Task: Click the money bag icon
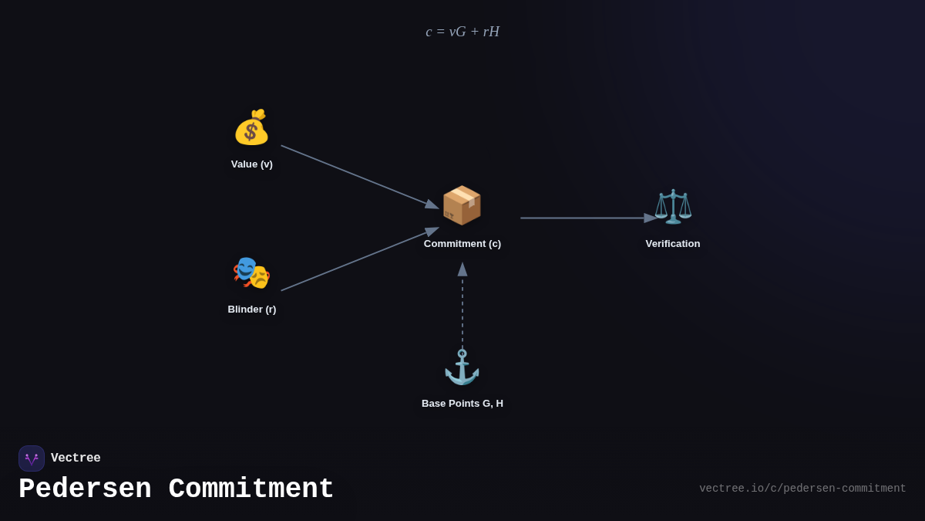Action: pyautogui.click(x=251, y=127)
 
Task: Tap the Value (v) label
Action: pyautogui.click(x=252, y=164)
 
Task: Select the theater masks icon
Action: pyautogui.click(x=251, y=272)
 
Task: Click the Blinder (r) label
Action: pyautogui.click(x=252, y=310)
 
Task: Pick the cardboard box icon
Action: pyautogui.click(x=462, y=205)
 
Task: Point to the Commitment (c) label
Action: pyautogui.click(x=462, y=244)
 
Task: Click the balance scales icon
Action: pyautogui.click(x=673, y=206)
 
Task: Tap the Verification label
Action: pyautogui.click(x=673, y=244)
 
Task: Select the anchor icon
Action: pyautogui.click(x=462, y=367)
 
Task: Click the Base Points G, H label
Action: pyautogui.click(x=462, y=404)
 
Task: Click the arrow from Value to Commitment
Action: pyautogui.click(x=359, y=177)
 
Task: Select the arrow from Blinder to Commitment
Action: pyautogui.click(x=359, y=259)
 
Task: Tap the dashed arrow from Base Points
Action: pyautogui.click(x=462, y=309)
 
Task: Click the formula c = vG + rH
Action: pyautogui.click(x=462, y=32)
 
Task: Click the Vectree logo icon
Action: pyautogui.click(x=32, y=458)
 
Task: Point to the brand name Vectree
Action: pyautogui.click(x=76, y=458)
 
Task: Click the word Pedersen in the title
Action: pyautogui.click(x=85, y=489)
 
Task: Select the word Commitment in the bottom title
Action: pyautogui.click(x=251, y=489)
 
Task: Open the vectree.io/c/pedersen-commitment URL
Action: pyautogui.click(x=802, y=489)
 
